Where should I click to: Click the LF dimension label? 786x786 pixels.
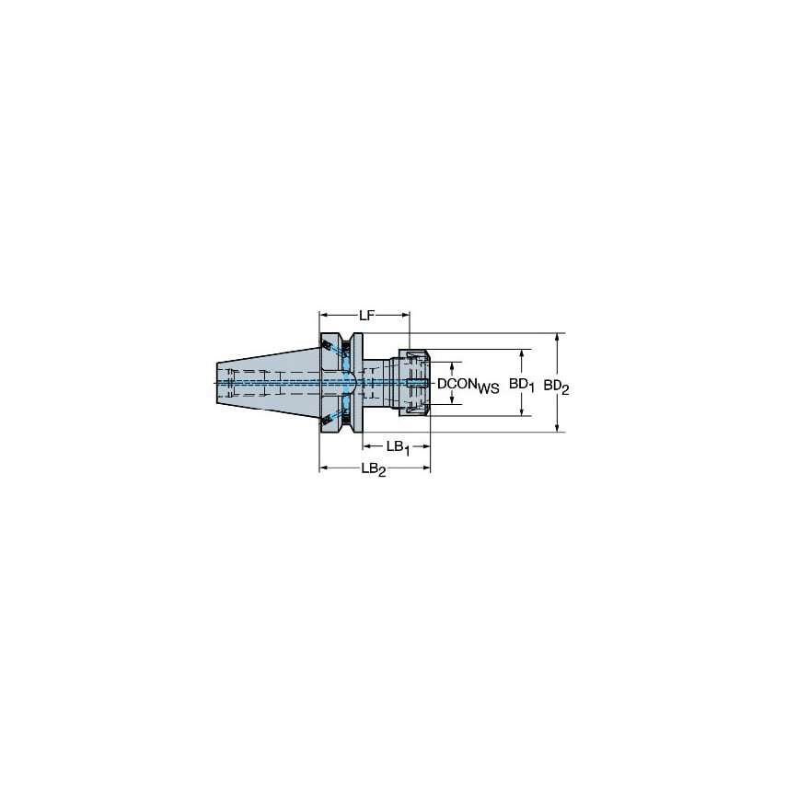pos(366,316)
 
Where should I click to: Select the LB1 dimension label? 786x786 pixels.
pos(398,447)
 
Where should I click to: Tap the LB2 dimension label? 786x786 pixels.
pos(373,469)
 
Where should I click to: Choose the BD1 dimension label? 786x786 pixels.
pos(523,385)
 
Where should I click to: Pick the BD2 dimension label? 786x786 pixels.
pos(556,386)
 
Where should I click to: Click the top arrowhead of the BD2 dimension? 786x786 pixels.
pos(558,337)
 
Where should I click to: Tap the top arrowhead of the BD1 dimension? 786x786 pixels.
pos(524,353)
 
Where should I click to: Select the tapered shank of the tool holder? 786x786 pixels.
pos(267,381)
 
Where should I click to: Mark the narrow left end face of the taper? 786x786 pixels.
pos(220,381)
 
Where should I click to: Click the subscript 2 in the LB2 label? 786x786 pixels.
pos(382,472)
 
